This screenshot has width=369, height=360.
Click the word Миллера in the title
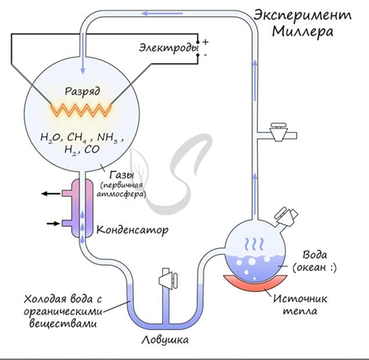(x=302, y=32)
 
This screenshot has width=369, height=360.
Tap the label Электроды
(x=169, y=48)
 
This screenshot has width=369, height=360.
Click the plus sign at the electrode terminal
(x=205, y=42)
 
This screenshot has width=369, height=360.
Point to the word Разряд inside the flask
(x=83, y=92)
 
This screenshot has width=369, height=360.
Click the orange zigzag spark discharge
(x=81, y=109)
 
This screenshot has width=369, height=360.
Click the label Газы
(x=122, y=176)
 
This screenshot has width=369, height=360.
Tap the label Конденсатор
(x=132, y=230)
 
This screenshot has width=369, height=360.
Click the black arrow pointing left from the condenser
(x=51, y=193)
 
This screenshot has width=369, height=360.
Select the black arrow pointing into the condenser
(x=54, y=223)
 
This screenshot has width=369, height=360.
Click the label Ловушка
(x=165, y=340)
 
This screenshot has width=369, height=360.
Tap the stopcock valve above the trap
(x=168, y=279)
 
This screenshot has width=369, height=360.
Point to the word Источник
(x=300, y=298)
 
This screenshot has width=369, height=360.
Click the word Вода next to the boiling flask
(x=315, y=255)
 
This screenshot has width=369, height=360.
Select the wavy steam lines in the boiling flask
(x=254, y=244)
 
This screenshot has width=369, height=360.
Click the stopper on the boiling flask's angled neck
(x=286, y=215)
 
